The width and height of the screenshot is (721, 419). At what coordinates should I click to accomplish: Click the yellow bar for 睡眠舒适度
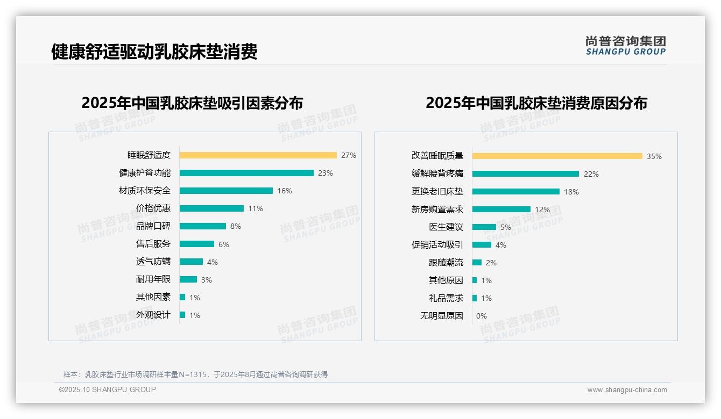click(x=258, y=155)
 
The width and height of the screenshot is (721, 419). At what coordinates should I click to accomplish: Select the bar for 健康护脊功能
click(x=246, y=173)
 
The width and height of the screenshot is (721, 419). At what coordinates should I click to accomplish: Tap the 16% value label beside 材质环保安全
click(x=285, y=191)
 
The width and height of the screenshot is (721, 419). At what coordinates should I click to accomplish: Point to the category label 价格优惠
click(x=153, y=208)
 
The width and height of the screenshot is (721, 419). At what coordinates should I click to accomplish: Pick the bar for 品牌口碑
click(x=203, y=226)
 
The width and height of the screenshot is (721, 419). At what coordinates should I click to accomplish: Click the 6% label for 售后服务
click(x=224, y=244)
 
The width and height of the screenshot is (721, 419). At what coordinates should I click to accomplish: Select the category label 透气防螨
click(x=153, y=262)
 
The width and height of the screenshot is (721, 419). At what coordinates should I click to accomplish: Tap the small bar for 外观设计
click(x=182, y=315)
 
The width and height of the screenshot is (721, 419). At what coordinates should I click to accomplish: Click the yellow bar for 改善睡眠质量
click(x=557, y=156)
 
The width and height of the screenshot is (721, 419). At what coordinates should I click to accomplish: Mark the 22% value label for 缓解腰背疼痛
click(x=591, y=174)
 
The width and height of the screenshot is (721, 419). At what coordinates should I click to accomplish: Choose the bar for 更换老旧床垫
click(x=515, y=191)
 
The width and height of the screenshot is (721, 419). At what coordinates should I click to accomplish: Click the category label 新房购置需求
click(x=437, y=209)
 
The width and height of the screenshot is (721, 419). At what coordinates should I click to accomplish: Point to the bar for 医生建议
click(x=484, y=227)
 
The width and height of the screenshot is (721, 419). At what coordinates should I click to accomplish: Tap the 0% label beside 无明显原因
click(x=481, y=316)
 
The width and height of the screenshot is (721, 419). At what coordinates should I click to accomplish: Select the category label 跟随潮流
click(x=446, y=263)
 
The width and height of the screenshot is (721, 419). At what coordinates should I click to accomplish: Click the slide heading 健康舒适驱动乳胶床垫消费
click(x=154, y=52)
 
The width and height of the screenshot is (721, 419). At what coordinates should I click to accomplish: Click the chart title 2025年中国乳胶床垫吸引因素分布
click(x=192, y=103)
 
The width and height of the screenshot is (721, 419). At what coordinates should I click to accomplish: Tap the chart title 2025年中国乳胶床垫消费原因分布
click(x=536, y=103)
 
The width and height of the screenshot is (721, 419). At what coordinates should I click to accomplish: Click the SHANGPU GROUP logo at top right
click(x=625, y=46)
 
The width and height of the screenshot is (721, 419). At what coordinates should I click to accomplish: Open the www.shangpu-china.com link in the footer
click(x=627, y=390)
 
